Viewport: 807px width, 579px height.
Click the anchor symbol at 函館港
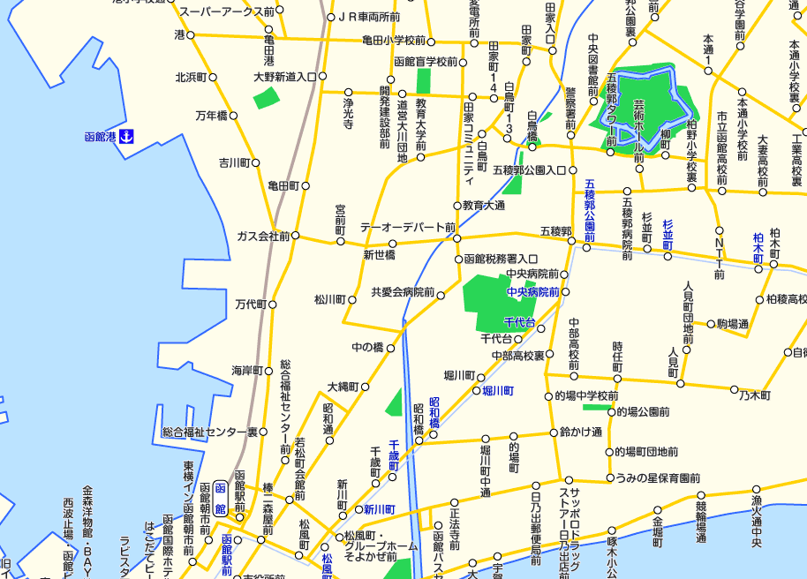click(126, 137)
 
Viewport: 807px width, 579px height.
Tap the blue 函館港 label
click(101, 137)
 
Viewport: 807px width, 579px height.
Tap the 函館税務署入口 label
click(501, 259)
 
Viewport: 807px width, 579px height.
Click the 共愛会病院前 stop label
click(403, 292)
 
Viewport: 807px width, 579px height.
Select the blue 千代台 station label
click(519, 322)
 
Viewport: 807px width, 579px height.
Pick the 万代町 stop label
click(250, 304)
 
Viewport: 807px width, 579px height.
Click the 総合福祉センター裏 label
click(209, 432)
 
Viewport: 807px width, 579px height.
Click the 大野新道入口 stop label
click(284, 77)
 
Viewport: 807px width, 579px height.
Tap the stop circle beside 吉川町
click(257, 163)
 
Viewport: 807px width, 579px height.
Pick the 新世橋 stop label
click(380, 255)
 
